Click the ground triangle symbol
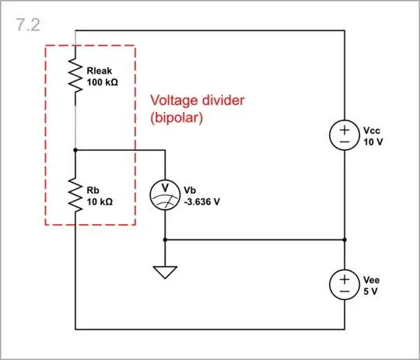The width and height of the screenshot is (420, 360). point(166,271)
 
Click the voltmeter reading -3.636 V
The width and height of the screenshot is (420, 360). point(203,201)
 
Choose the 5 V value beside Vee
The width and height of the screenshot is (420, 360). point(370,291)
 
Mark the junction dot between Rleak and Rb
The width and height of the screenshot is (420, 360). point(75,149)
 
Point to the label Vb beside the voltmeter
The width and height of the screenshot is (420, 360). point(191,190)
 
